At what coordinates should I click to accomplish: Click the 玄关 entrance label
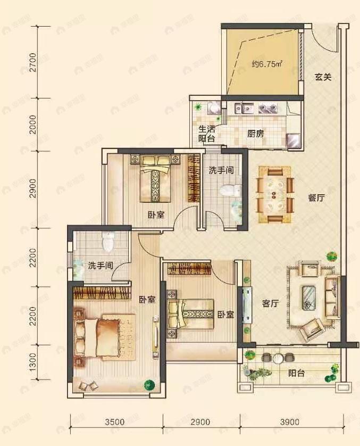point(322,77)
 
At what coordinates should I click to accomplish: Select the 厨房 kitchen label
point(255,134)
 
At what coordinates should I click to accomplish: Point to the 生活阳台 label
point(206,134)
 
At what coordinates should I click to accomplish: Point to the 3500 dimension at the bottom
point(115,423)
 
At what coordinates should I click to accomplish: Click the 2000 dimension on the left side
point(33,124)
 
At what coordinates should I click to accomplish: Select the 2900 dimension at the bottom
point(200,423)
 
